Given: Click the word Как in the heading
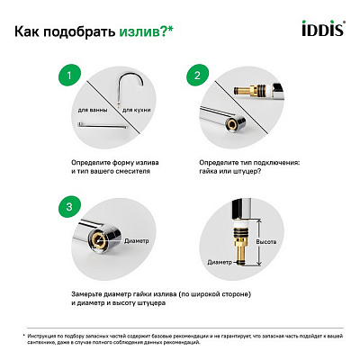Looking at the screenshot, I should [x=31, y=33].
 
